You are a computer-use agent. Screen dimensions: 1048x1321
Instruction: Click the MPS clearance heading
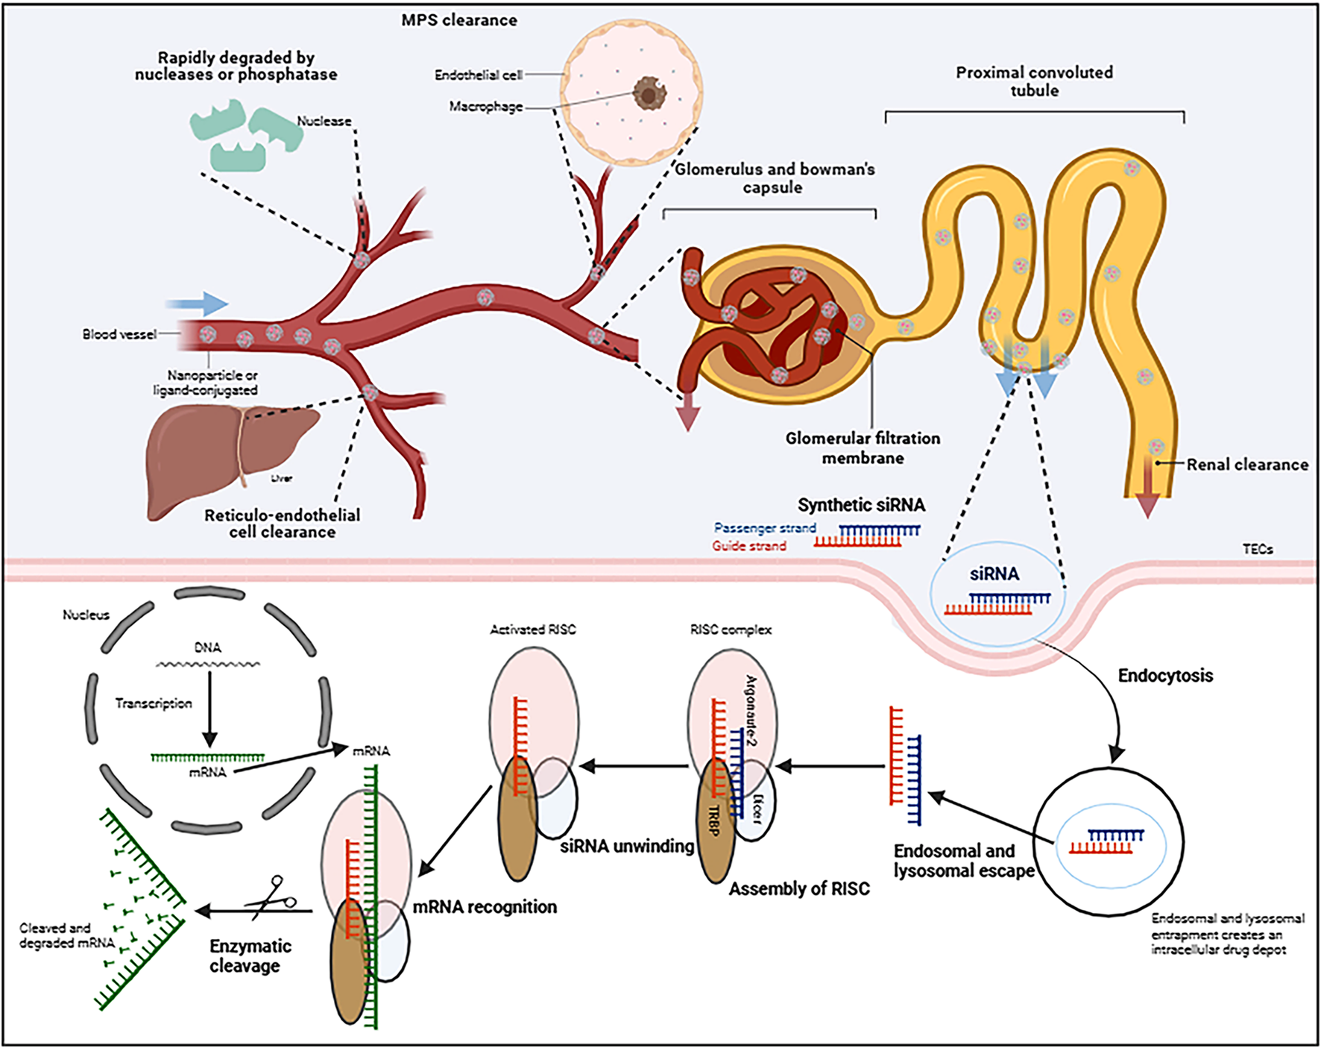point(459,20)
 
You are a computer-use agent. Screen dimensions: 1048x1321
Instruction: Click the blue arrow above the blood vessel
point(197,304)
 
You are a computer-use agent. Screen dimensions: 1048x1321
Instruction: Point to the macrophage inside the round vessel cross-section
point(649,95)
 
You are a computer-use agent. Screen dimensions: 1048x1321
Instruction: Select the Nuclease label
point(324,121)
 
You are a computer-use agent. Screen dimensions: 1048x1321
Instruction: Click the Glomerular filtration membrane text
point(863,448)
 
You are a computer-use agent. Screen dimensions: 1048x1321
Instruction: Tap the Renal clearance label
point(1247,464)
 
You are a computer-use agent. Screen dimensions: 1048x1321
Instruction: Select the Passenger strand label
point(765,528)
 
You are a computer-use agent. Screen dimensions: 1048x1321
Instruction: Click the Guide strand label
point(749,546)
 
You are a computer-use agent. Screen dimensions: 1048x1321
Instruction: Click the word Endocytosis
point(1165,676)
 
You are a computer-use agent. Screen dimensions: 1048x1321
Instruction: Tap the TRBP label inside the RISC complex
point(714,820)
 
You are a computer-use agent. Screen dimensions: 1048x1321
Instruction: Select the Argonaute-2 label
point(751,712)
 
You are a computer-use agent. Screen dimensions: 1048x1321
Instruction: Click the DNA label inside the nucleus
point(207,647)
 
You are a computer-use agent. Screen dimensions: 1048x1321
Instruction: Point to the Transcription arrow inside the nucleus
point(209,709)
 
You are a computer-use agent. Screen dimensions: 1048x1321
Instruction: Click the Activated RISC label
point(533,630)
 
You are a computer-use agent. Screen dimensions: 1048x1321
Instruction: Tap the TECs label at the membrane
point(1258,549)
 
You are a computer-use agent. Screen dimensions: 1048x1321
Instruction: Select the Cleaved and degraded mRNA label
point(66,935)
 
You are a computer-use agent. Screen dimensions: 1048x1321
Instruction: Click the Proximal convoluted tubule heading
point(1034,81)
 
